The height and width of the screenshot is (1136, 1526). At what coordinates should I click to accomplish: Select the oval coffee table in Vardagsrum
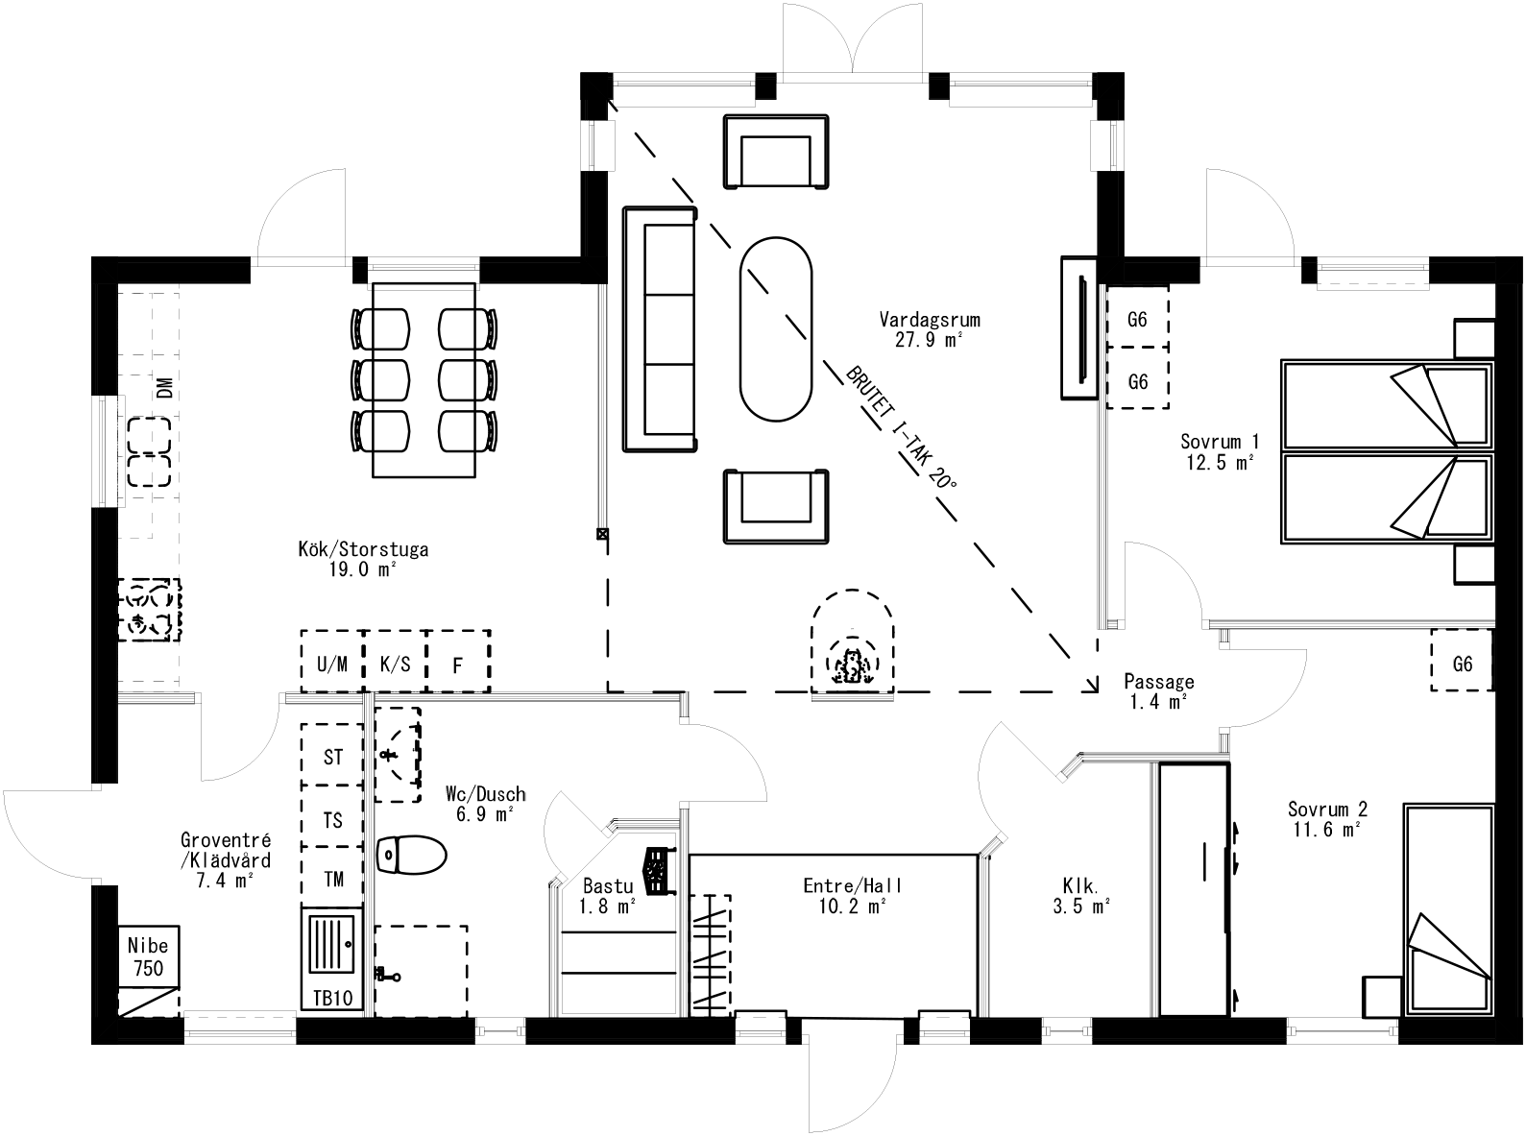776,328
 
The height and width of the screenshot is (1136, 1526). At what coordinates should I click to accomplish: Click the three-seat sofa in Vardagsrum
660,328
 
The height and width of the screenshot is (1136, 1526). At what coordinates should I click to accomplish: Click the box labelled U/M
332,662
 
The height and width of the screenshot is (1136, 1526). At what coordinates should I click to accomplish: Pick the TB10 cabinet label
331,999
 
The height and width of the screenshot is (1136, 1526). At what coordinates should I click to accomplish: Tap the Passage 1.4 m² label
1159,691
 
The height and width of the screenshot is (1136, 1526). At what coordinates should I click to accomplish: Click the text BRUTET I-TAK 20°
901,427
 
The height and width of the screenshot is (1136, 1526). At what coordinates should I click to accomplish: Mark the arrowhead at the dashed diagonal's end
1093,685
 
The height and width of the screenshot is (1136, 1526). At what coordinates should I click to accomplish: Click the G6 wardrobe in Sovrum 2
1462,662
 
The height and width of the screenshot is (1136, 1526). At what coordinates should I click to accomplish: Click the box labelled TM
332,879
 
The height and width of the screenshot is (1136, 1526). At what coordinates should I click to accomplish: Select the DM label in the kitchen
165,389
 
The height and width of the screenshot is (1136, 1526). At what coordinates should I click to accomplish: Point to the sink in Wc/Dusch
397,754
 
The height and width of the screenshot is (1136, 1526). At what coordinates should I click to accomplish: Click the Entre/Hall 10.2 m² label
838,895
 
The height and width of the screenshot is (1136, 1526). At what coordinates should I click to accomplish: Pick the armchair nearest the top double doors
776,151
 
